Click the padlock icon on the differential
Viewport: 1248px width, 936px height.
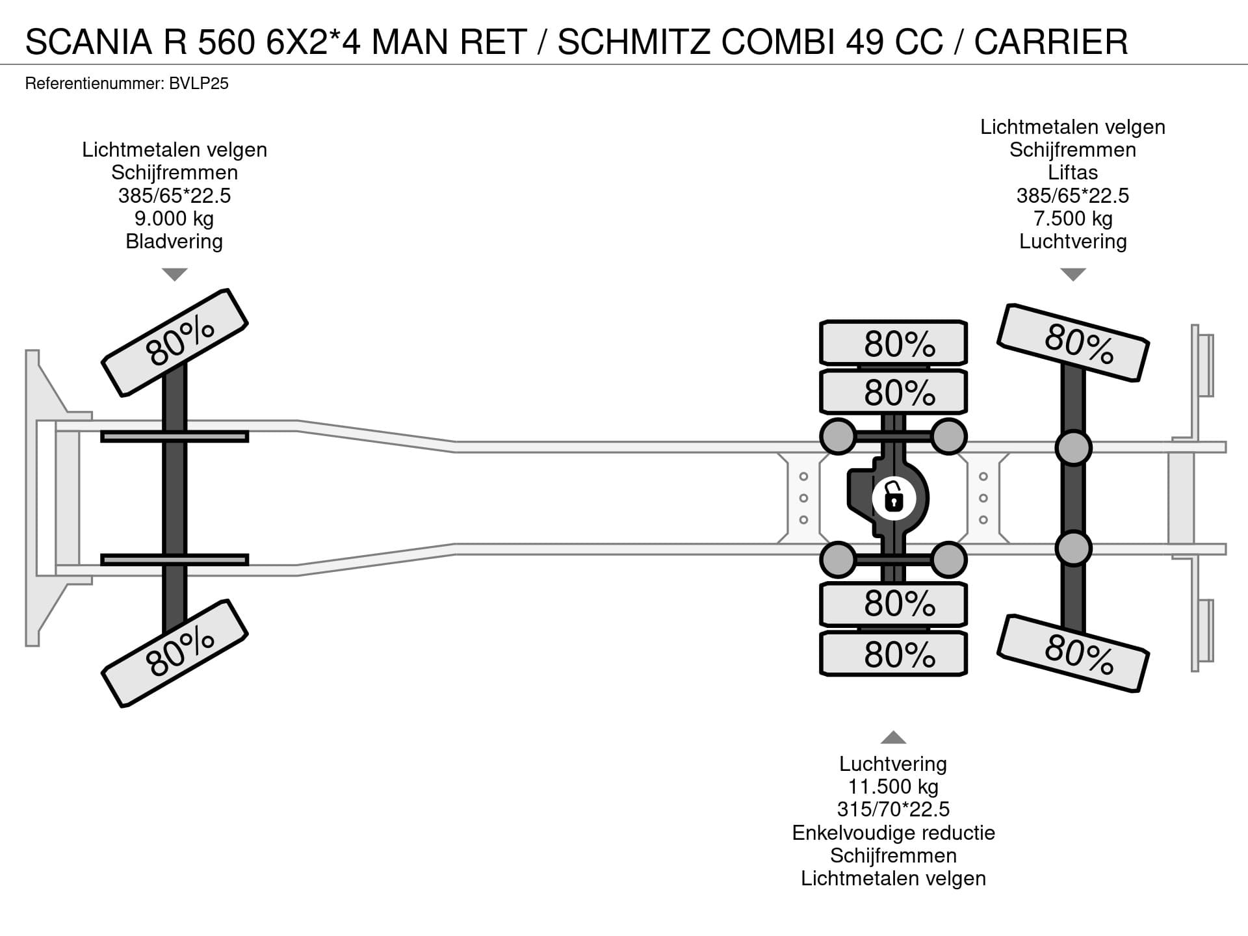point(894,499)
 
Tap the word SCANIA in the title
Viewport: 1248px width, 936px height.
point(88,42)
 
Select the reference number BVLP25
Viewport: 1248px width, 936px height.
point(198,84)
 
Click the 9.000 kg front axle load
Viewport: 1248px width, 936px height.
point(174,218)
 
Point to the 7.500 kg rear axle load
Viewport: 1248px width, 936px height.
point(1072,218)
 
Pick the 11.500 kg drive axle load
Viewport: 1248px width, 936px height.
point(893,786)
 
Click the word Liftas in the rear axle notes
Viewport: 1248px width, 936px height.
point(1072,173)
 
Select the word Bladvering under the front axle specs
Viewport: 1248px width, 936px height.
point(174,242)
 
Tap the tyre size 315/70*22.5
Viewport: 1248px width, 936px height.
point(893,809)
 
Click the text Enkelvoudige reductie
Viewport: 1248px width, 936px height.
point(893,833)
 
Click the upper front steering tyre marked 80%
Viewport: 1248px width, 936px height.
point(175,343)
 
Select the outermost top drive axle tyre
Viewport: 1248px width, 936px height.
point(893,343)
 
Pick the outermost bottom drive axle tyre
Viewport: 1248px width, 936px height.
point(893,655)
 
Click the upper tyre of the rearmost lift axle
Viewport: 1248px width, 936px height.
point(1072,343)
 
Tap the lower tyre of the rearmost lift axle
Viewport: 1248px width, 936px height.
point(1072,653)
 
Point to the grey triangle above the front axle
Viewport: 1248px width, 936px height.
point(174,274)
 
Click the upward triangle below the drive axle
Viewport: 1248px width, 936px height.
point(893,737)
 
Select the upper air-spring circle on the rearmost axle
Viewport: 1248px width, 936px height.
point(1072,447)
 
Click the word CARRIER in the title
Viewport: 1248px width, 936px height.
point(1050,42)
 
